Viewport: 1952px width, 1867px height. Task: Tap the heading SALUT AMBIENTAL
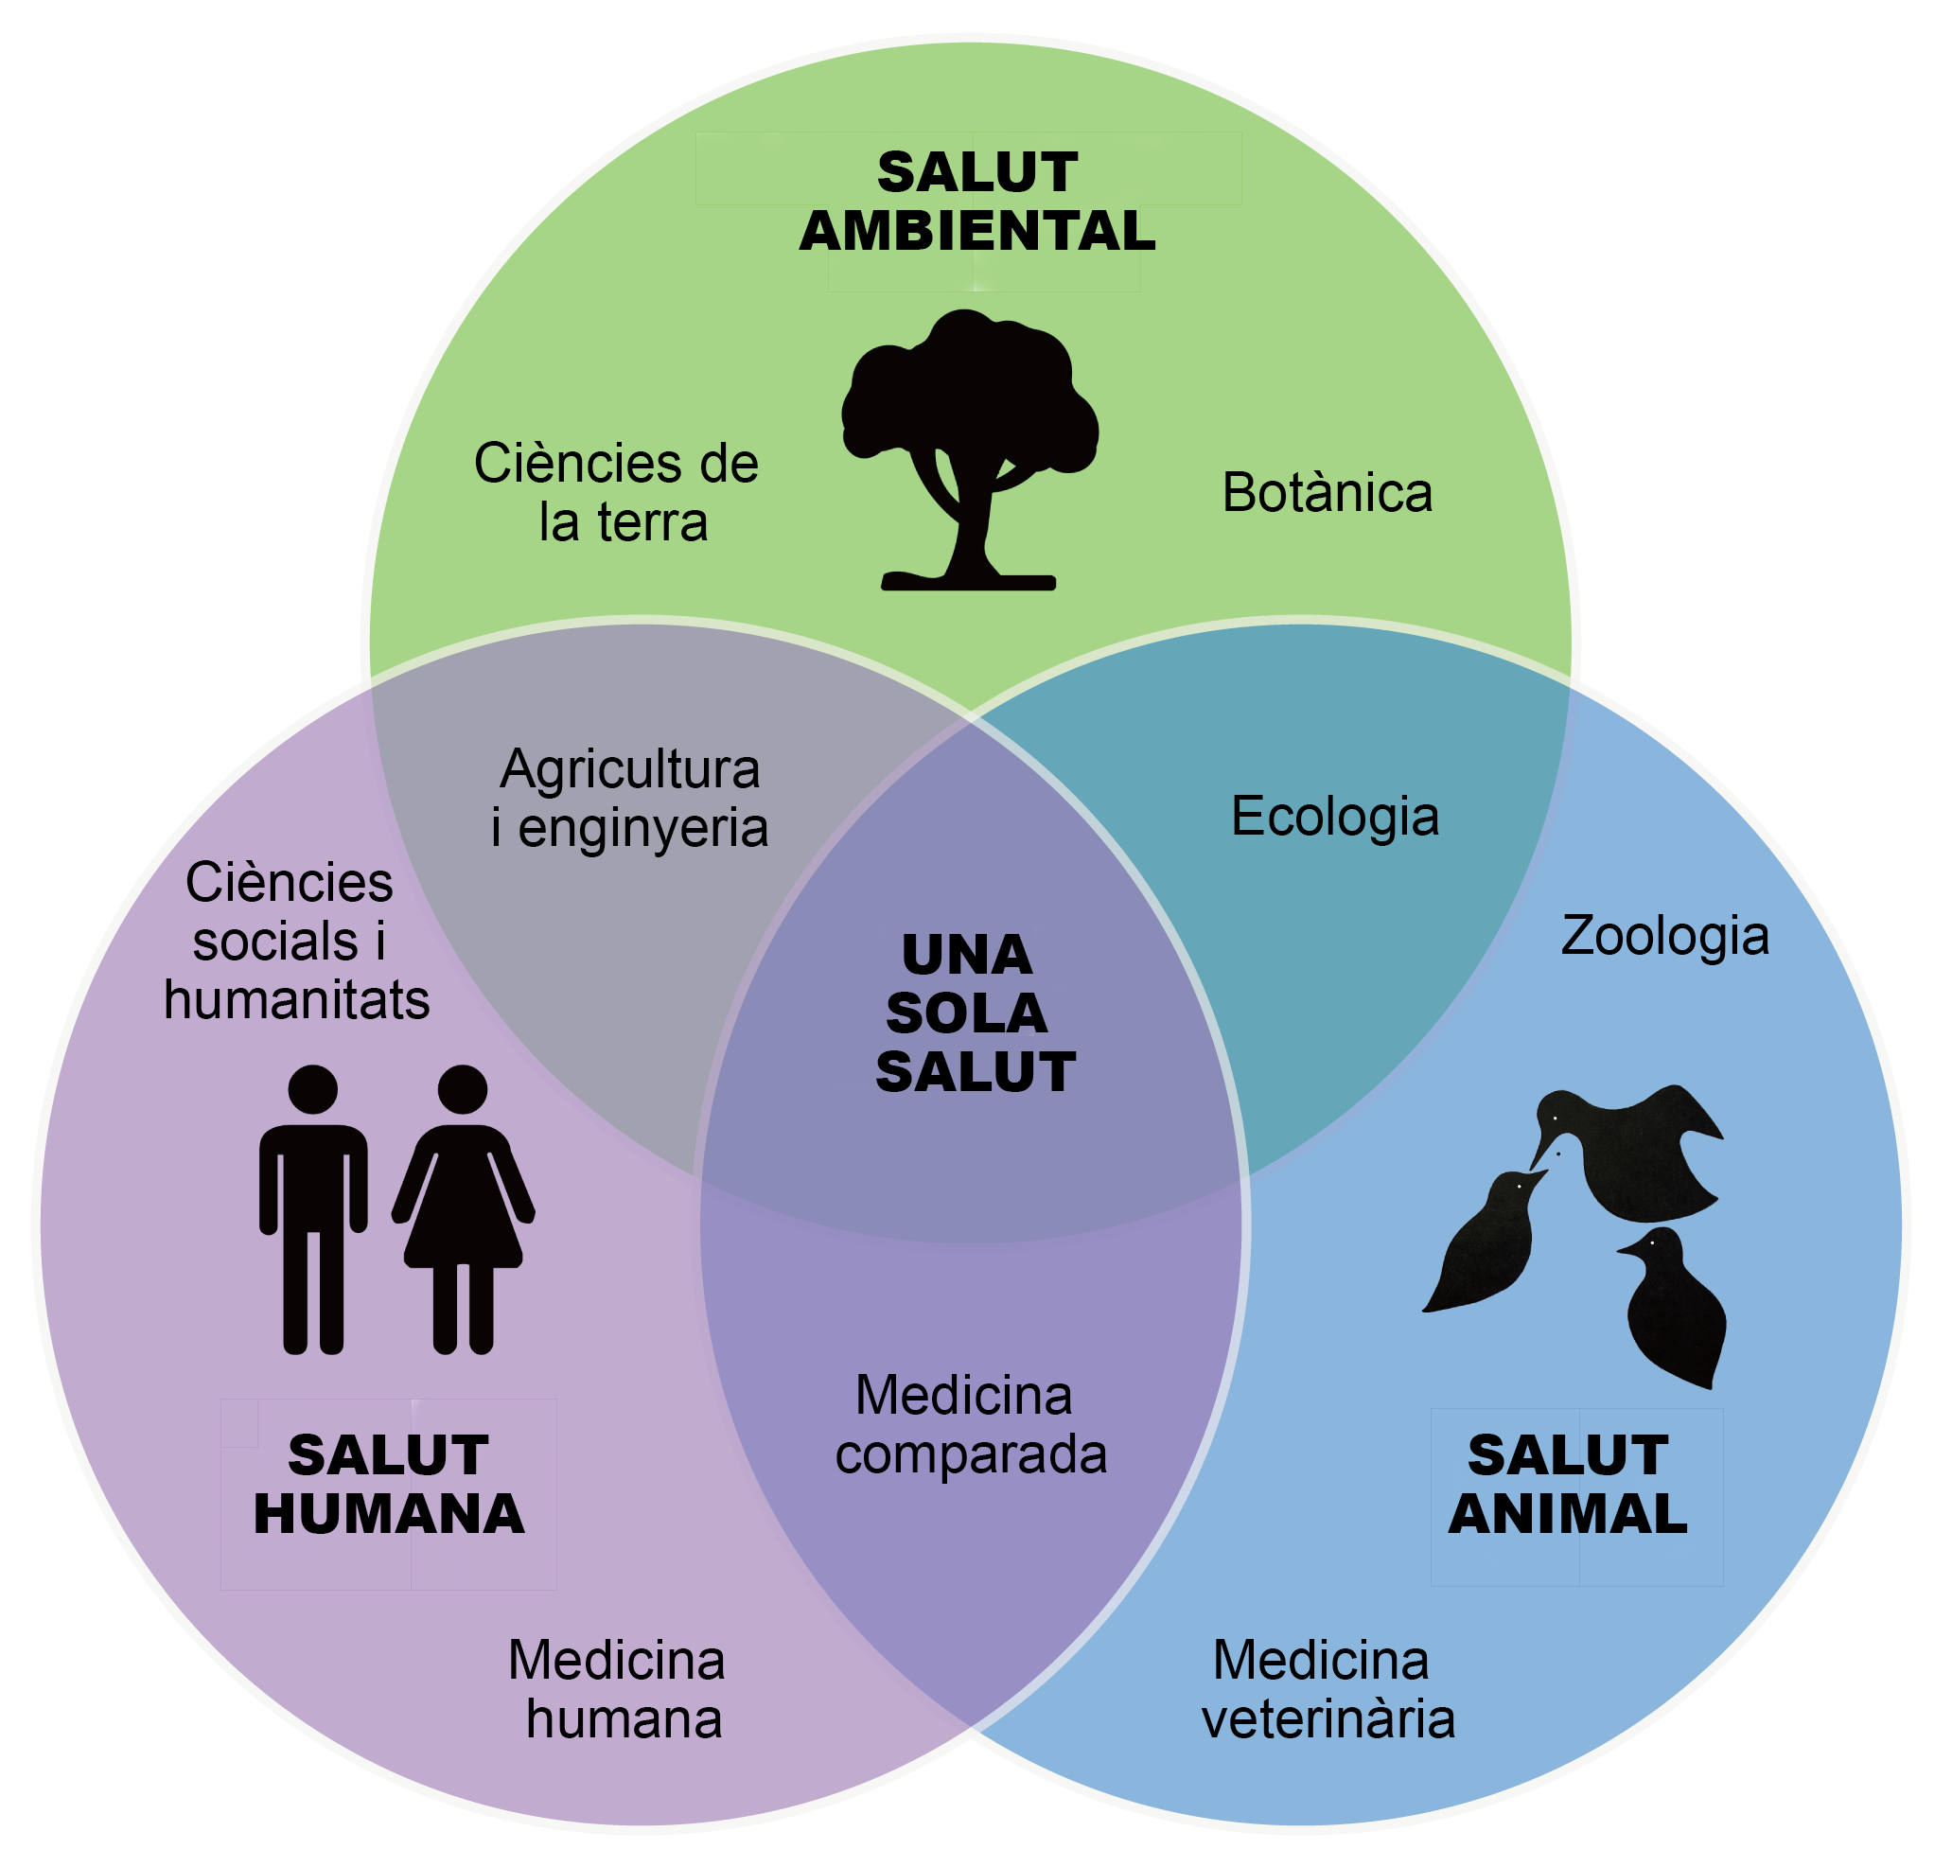[977, 202]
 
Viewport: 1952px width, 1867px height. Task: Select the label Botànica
[1328, 493]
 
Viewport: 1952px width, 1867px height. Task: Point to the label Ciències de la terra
[617, 493]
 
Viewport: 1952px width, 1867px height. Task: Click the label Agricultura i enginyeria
[630, 798]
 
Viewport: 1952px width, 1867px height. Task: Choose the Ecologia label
[1334, 817]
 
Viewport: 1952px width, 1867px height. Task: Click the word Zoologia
[1664, 937]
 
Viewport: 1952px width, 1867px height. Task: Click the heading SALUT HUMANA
[389, 1485]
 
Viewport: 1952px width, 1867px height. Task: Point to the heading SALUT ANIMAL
[1568, 1485]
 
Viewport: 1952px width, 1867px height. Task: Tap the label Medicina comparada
[970, 1425]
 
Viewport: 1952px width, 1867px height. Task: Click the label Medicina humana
[618, 1690]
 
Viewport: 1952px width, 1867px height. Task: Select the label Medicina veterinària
[1327, 1690]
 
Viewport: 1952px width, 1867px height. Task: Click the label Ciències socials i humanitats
[293, 942]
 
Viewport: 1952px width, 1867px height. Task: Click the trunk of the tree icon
[970, 527]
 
